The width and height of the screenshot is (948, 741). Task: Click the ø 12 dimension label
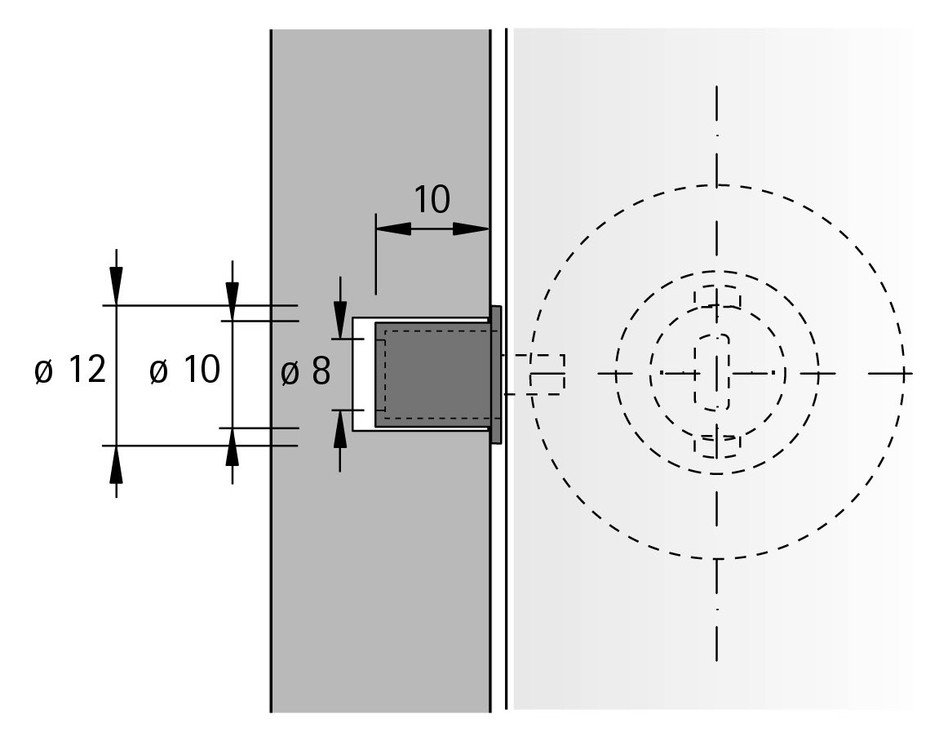tap(71, 370)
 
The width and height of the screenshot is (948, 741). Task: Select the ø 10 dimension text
tap(185, 370)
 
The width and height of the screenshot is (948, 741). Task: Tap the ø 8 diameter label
tap(306, 370)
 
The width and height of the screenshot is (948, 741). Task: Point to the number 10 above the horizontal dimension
tap(432, 200)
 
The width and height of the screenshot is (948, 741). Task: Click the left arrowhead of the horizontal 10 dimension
tap(393, 229)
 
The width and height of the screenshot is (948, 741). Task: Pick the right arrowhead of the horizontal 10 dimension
tap(471, 229)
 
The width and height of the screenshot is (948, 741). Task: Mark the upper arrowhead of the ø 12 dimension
tap(116, 286)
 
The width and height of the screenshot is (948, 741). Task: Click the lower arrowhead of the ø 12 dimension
tap(116, 464)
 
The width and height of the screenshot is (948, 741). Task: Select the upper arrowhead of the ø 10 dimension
tap(233, 301)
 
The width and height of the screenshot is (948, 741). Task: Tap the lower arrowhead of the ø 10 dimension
tap(233, 447)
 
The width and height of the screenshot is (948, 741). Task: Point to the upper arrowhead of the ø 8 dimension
tap(339, 319)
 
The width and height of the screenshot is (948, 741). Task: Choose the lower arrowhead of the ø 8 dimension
tap(339, 429)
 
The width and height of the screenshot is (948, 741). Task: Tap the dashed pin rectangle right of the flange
tap(538, 375)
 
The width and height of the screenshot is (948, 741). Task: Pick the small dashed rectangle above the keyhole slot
tap(718, 298)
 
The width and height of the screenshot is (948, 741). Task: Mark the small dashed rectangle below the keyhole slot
tap(718, 446)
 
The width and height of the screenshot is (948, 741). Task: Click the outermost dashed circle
tap(718, 372)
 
